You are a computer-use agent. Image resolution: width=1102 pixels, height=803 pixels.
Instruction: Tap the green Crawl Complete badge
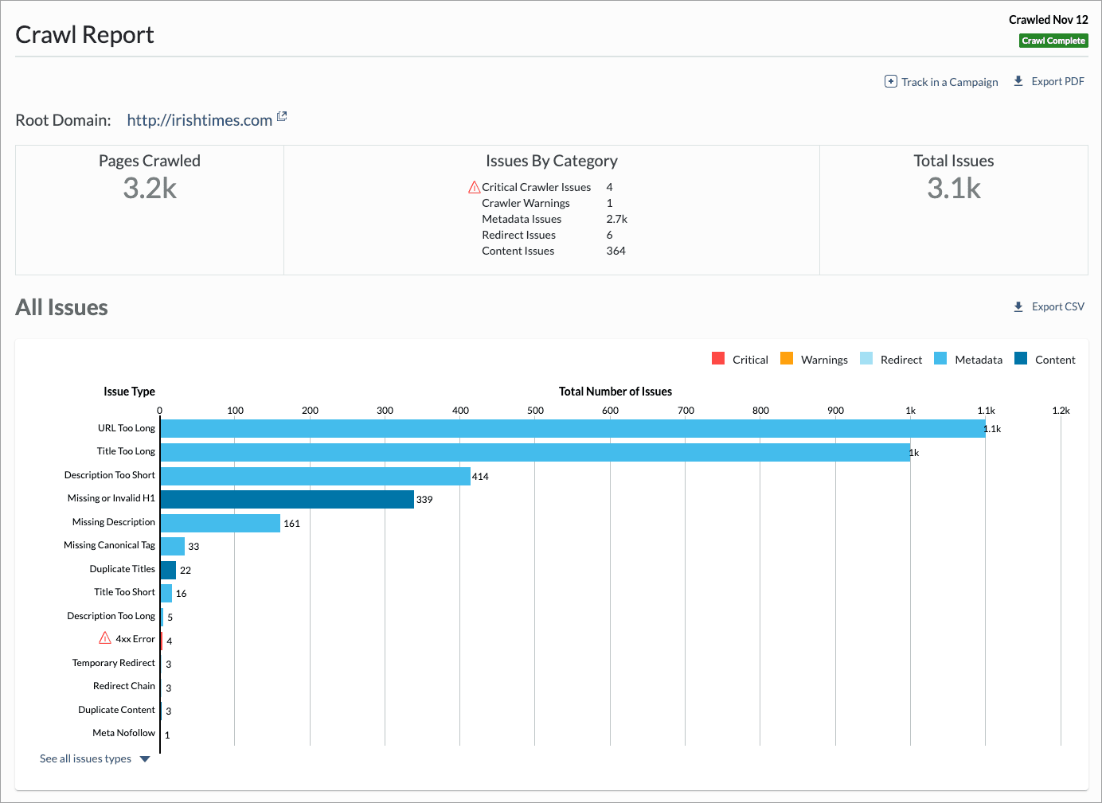point(1053,41)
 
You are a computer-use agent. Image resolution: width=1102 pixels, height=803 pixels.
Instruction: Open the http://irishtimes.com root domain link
point(199,120)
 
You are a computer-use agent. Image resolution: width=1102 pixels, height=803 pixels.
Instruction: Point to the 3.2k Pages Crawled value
point(150,189)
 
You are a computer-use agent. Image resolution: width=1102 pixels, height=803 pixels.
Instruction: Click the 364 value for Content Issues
point(615,251)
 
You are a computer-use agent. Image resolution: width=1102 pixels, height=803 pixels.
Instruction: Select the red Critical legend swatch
point(718,359)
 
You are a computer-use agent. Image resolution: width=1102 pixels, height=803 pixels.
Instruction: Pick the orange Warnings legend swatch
point(787,359)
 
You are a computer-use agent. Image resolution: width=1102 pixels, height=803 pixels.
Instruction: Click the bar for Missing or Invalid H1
point(287,499)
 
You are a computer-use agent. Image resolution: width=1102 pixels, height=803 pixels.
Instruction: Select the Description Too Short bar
point(315,476)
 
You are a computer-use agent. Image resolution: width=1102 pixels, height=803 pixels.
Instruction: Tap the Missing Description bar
point(221,523)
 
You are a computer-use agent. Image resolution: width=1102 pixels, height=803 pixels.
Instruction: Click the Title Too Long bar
point(534,452)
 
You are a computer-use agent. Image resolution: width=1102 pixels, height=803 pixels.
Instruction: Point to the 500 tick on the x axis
point(535,411)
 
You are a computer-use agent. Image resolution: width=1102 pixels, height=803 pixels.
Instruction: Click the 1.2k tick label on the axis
point(1061,411)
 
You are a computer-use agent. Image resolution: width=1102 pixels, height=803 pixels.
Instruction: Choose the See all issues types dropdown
point(94,759)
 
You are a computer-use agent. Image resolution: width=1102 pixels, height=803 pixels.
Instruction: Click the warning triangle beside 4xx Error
point(105,638)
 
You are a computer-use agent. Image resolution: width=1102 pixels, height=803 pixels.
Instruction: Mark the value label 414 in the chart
point(480,477)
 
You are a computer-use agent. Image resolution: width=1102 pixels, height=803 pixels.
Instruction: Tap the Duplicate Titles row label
point(122,569)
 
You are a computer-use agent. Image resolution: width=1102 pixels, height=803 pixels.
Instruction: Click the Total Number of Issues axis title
point(615,392)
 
